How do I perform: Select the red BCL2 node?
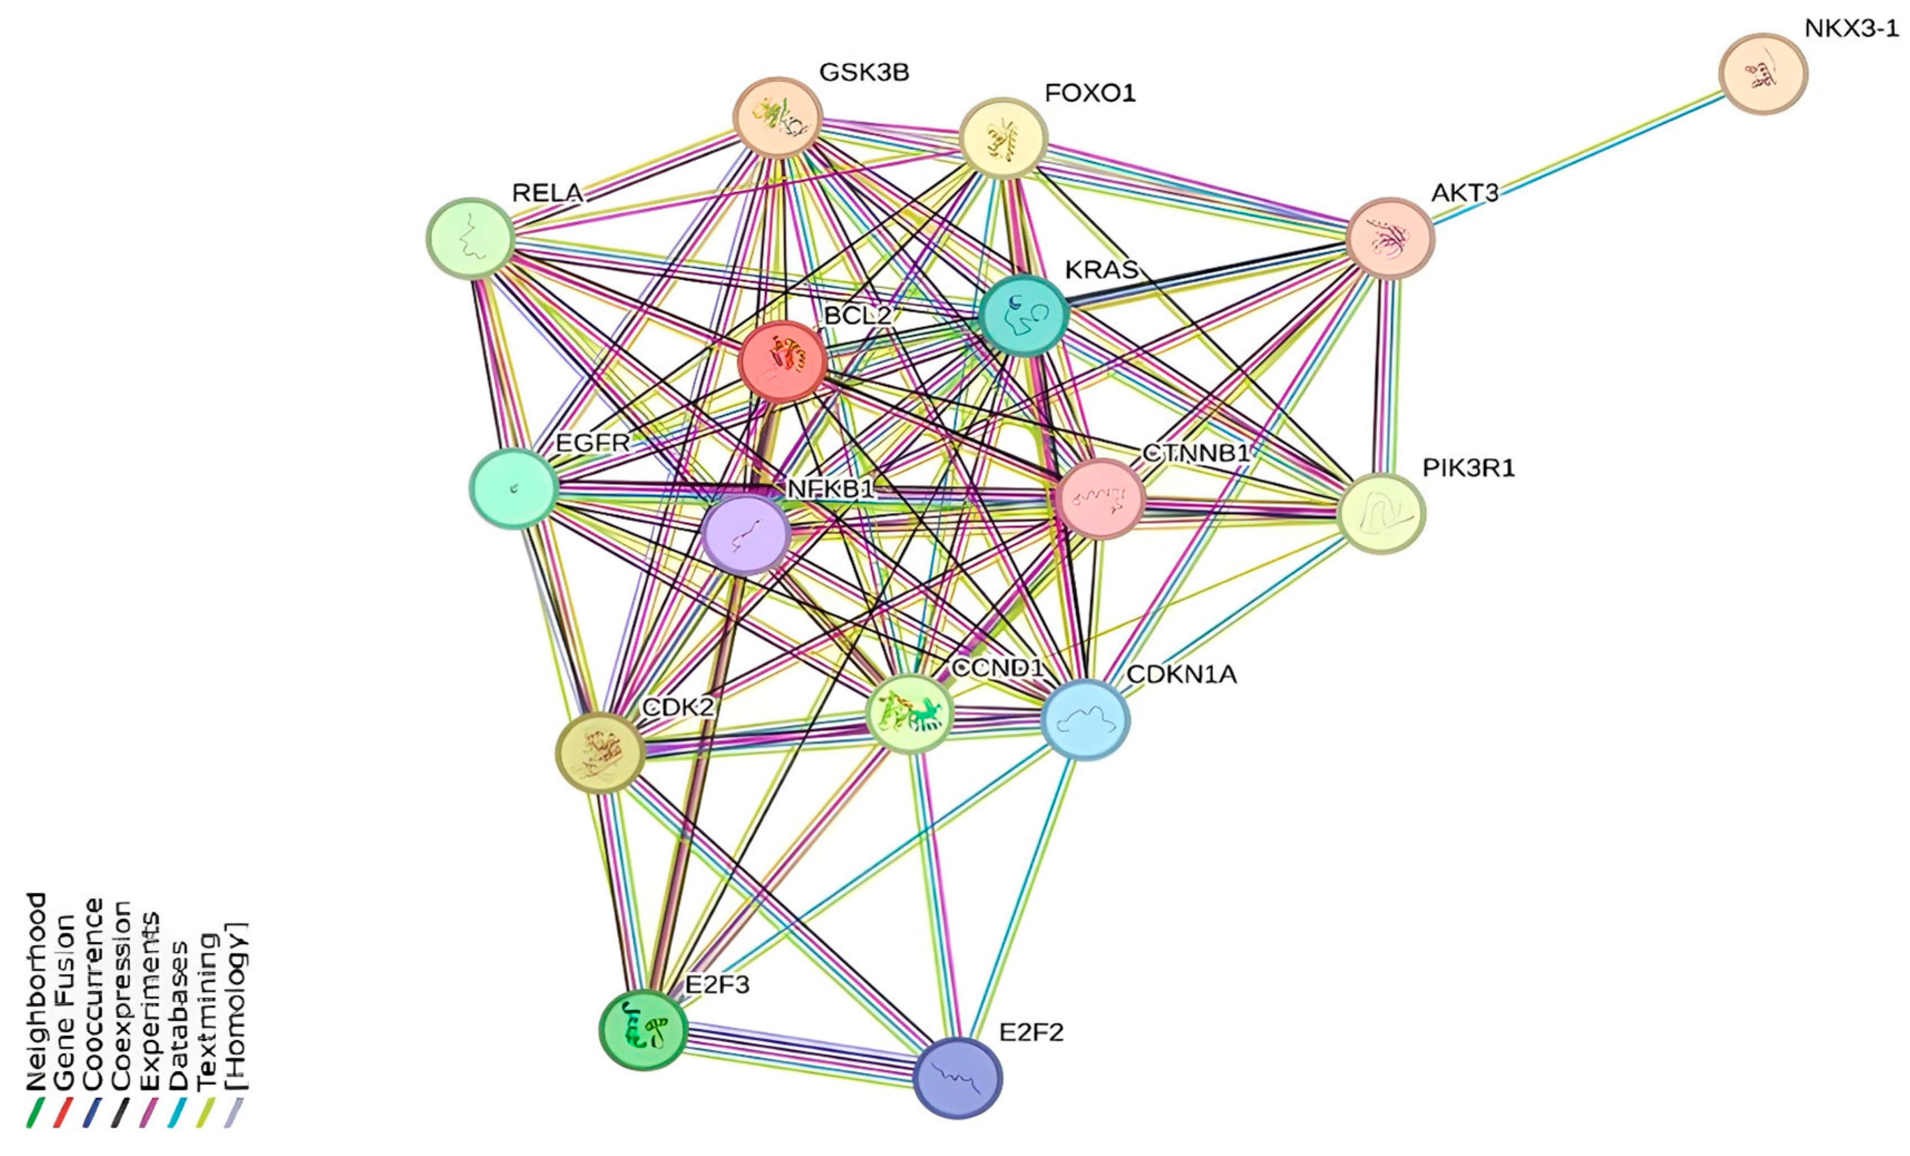pos(781,361)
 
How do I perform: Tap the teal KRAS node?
pos(1024,315)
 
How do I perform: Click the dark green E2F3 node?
pos(643,1030)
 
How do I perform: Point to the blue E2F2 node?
pos(958,1077)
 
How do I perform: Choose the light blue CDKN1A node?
pos(1085,720)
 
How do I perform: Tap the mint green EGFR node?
pos(514,488)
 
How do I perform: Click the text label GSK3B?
pos(863,72)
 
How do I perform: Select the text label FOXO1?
pos(1090,93)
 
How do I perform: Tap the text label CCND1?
pos(997,667)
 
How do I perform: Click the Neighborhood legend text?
pos(36,992)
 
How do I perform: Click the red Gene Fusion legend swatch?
pos(61,1113)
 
